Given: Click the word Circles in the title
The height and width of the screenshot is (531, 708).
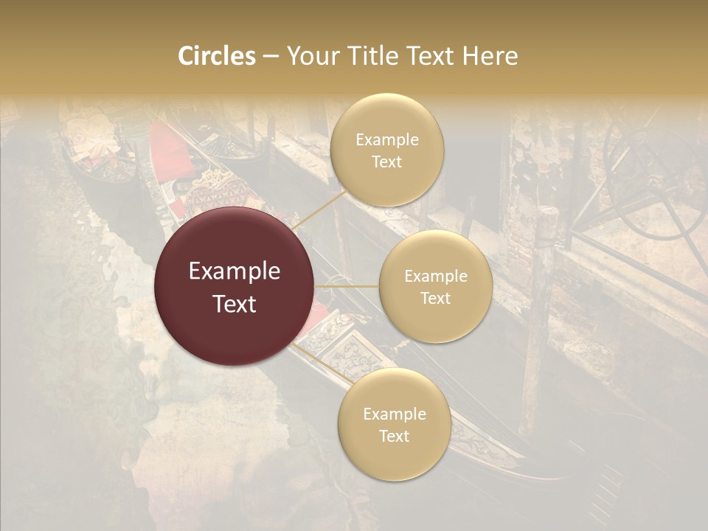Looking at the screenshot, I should [217, 56].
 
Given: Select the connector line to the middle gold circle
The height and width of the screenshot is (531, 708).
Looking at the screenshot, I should [347, 286].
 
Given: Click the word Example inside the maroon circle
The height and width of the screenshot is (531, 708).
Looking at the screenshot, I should [235, 271].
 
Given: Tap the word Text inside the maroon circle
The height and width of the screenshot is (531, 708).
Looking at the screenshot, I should [235, 304].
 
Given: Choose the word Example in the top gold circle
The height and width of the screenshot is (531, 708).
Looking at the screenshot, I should [386, 140].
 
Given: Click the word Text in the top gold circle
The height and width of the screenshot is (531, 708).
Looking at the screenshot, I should [386, 162].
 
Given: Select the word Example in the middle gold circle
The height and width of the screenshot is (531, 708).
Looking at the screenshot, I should [435, 277].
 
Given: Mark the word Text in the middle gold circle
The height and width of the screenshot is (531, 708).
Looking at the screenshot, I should [435, 298].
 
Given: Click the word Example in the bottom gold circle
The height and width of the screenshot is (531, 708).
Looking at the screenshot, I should [394, 414].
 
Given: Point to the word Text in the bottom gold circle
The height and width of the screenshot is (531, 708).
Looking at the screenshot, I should [394, 436].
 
